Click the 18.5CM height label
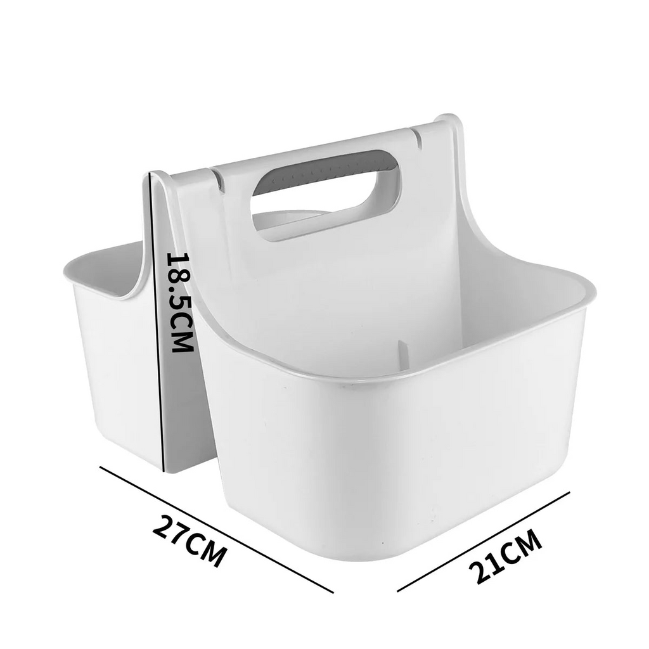pyautogui.click(x=180, y=302)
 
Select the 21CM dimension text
pyautogui.click(x=505, y=556)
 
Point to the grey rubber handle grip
pyautogui.click(x=323, y=172)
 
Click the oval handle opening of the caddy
pyautogui.click(x=326, y=195)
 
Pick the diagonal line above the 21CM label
pyautogui.click(x=484, y=542)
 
